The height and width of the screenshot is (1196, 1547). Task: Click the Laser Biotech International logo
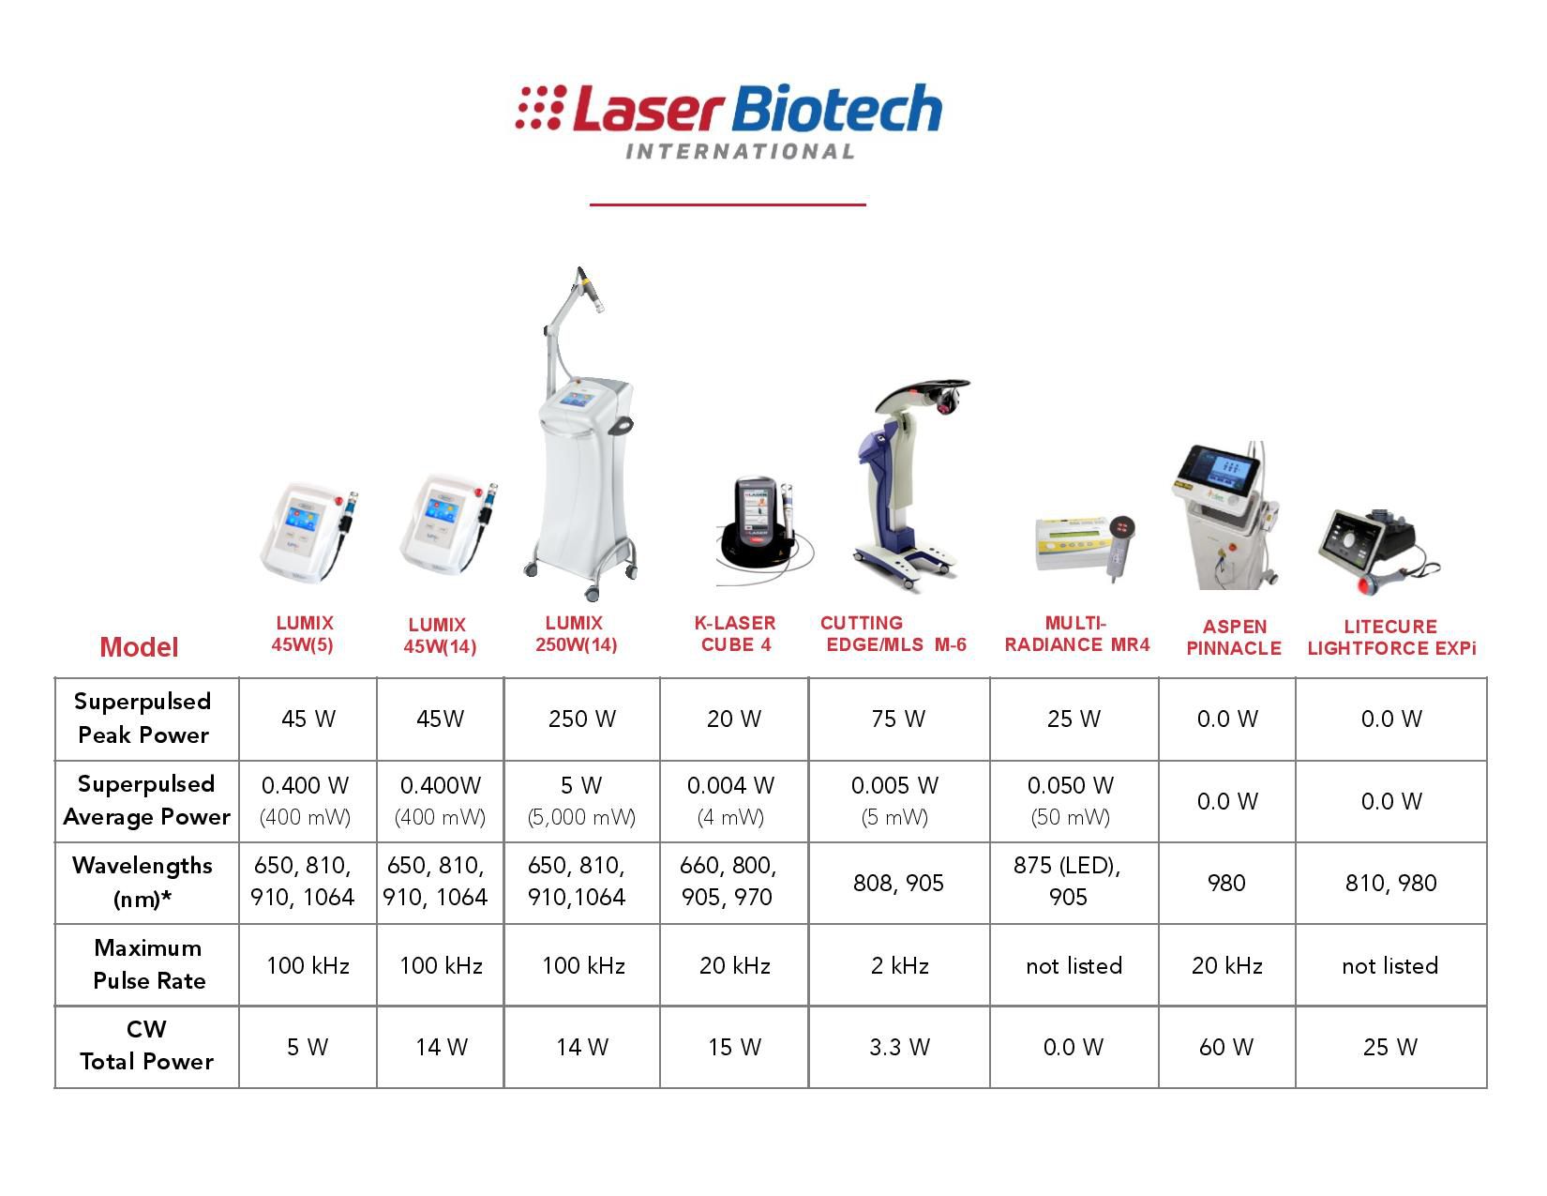(x=728, y=121)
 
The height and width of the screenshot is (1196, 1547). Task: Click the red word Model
(x=139, y=647)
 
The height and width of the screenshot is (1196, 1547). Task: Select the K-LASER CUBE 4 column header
(x=735, y=633)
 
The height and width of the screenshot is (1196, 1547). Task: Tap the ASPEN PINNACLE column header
(x=1234, y=637)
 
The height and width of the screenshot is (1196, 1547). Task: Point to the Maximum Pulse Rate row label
(x=148, y=963)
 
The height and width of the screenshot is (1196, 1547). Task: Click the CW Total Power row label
(x=146, y=1045)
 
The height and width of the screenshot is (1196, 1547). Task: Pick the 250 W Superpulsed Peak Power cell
(x=581, y=719)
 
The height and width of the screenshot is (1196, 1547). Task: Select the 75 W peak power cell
(x=898, y=719)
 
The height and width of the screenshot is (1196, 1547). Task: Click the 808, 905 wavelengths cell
(x=898, y=884)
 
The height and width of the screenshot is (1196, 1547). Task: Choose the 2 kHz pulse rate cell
(x=900, y=966)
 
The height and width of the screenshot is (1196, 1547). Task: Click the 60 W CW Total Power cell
(x=1226, y=1047)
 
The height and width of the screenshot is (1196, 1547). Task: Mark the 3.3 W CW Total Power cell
(x=900, y=1047)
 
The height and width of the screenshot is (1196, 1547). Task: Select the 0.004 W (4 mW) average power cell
(x=730, y=801)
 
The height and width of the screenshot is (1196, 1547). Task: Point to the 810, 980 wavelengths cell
(x=1391, y=884)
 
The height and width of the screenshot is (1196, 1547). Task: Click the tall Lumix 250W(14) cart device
(x=580, y=434)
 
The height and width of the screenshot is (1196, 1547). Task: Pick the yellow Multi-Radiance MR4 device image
(x=1084, y=546)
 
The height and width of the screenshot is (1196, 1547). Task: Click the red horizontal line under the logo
(x=728, y=204)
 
